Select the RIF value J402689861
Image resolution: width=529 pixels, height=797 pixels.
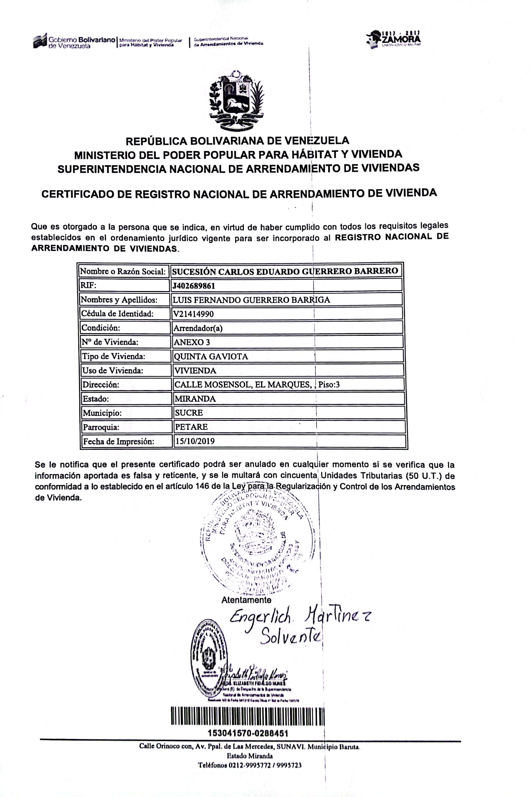pos(194,286)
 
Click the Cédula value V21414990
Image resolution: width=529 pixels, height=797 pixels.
pos(193,314)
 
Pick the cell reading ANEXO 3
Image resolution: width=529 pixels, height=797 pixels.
pos(192,342)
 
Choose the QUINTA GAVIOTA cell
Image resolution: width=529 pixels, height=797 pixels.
pos(211,356)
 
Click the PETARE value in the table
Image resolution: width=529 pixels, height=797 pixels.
pos(191,427)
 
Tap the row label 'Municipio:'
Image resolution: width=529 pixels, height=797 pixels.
pos(102,413)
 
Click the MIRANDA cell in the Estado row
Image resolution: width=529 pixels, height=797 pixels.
pos(195,399)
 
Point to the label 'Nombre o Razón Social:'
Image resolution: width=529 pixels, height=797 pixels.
pos(123,271)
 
